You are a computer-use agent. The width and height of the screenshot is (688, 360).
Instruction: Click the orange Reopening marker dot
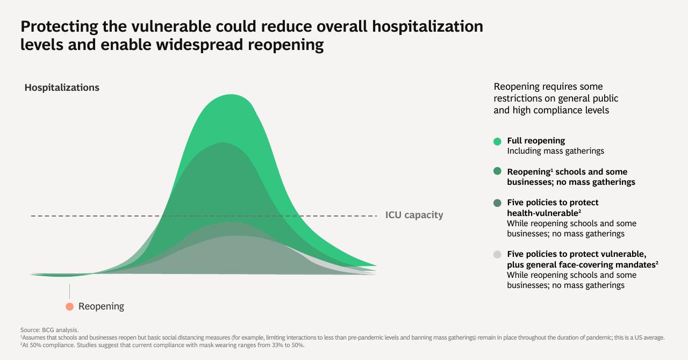tap(70, 307)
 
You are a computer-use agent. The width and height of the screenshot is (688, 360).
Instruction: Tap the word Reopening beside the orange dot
tap(102, 307)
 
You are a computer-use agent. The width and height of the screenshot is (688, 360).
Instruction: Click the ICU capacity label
tap(414, 215)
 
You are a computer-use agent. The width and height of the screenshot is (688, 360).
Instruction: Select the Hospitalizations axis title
tap(62, 88)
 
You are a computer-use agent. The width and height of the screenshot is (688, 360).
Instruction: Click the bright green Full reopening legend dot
tap(497, 141)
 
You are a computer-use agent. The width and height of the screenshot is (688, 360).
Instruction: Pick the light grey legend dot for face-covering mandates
tap(497, 254)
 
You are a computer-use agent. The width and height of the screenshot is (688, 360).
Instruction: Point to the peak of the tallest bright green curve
tap(231, 95)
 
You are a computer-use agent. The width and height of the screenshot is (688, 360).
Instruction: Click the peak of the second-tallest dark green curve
tap(223, 143)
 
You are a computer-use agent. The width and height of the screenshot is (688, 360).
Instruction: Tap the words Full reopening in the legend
tap(536, 141)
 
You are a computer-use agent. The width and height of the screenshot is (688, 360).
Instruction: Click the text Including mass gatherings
tap(555, 151)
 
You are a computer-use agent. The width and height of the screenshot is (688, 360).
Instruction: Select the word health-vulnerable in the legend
tap(543, 213)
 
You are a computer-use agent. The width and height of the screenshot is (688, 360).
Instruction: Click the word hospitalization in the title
tap(427, 27)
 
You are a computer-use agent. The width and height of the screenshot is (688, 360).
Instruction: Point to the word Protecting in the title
tap(59, 27)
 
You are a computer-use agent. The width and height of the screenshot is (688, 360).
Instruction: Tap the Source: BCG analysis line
tap(49, 330)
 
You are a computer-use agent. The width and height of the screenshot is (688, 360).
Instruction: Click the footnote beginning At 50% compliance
tap(162, 345)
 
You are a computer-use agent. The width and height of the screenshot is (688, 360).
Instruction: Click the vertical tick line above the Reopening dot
tap(70, 291)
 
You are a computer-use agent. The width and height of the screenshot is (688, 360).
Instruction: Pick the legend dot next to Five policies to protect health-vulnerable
tap(497, 203)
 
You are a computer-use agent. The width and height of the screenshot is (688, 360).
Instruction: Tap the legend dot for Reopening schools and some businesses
tap(497, 171)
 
